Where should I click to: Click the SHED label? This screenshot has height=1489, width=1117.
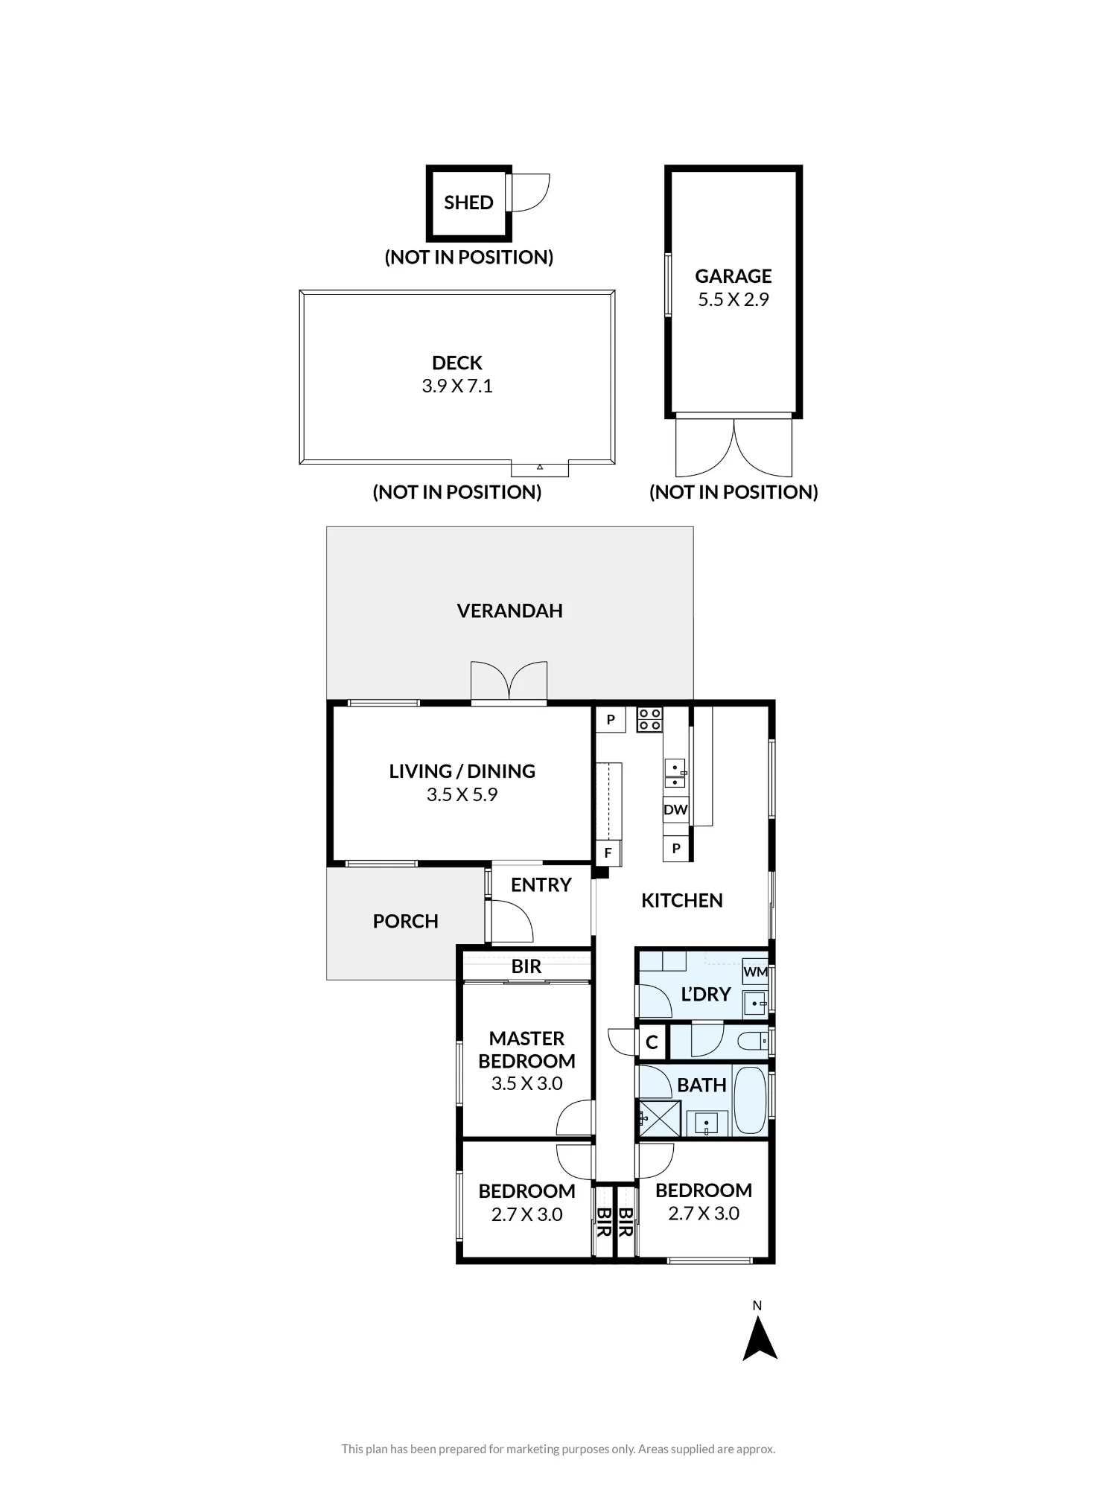click(468, 203)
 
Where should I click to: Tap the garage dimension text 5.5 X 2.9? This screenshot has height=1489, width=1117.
click(733, 299)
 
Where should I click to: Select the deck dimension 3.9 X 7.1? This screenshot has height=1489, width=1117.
click(457, 386)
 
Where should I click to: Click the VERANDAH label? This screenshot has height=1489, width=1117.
click(509, 610)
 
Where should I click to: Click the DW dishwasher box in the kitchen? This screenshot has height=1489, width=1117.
click(675, 809)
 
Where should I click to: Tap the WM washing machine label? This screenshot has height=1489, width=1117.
click(755, 972)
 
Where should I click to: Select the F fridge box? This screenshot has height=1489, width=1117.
click(608, 853)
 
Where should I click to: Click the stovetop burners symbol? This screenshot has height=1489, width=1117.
click(649, 719)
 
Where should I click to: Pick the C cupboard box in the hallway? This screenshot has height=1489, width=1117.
click(652, 1042)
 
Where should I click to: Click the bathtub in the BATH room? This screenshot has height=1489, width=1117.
click(750, 1101)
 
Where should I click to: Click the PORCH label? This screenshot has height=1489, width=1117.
click(405, 921)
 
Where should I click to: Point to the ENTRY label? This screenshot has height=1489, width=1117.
click(541, 884)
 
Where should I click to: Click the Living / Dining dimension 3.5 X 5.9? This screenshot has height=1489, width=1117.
click(462, 794)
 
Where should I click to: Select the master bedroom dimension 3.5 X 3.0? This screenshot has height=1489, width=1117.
click(526, 1083)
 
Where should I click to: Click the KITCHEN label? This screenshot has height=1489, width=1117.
click(682, 900)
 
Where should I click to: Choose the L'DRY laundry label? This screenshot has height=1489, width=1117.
click(706, 994)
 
